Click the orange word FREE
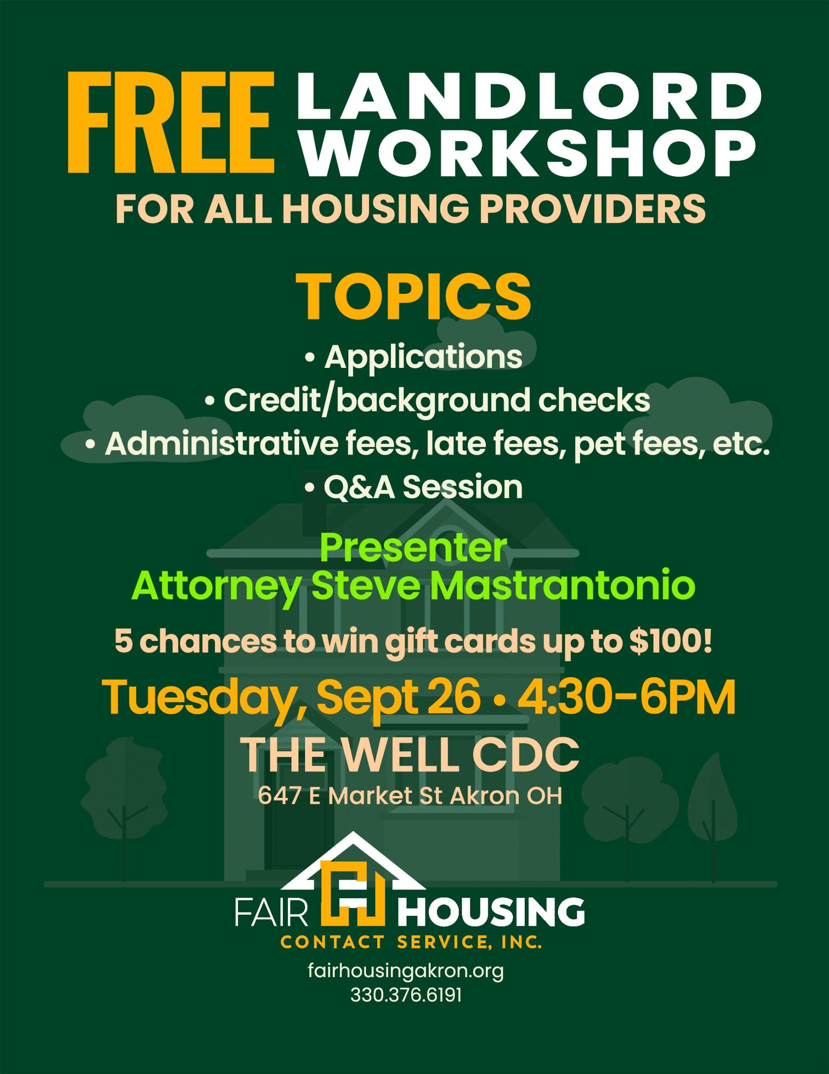click(x=171, y=123)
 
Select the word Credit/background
click(x=376, y=400)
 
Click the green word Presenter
click(x=413, y=548)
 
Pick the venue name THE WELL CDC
click(x=412, y=755)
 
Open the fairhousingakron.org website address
click(x=406, y=971)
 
